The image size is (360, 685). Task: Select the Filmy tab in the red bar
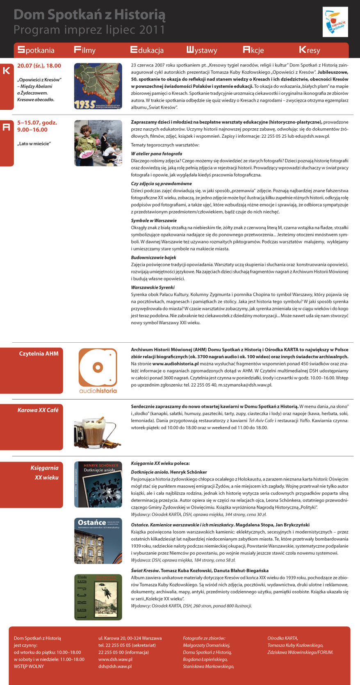click(84, 50)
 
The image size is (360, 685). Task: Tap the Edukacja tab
click(147, 50)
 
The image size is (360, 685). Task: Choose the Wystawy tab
click(202, 50)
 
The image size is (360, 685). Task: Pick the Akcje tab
click(253, 50)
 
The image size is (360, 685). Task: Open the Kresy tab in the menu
click(310, 50)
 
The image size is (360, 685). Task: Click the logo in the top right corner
click(335, 22)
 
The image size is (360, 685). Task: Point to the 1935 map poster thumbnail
click(98, 86)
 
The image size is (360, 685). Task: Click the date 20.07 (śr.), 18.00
click(39, 66)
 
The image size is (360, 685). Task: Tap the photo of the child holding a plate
click(98, 143)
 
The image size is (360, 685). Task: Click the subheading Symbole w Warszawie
click(154, 221)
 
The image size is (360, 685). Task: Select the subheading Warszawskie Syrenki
click(153, 287)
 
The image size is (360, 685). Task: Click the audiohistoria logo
click(98, 371)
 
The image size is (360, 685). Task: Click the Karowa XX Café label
click(38, 410)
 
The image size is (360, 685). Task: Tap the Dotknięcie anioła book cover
click(98, 485)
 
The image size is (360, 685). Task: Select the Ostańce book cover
click(98, 541)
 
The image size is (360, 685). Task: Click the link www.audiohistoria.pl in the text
click(175, 364)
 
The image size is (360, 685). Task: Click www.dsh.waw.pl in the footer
click(115, 659)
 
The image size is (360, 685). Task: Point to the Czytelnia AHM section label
click(39, 353)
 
